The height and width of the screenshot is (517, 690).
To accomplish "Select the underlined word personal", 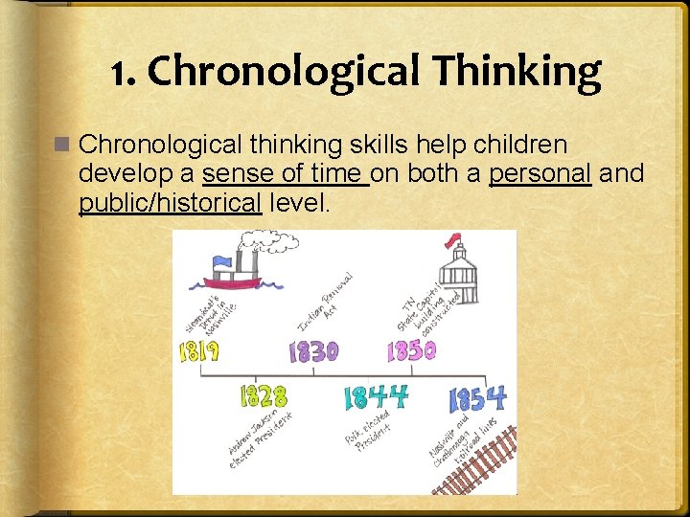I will (x=540, y=174).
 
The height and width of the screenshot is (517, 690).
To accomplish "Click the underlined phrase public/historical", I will (x=171, y=203).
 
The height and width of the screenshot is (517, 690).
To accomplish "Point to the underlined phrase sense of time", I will (x=286, y=174).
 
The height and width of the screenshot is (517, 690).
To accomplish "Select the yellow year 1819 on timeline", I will (x=200, y=351).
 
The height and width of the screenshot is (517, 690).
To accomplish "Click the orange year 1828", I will (x=263, y=395).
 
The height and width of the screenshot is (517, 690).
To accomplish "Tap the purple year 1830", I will (x=313, y=352).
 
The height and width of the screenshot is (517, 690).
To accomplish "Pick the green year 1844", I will (x=375, y=396).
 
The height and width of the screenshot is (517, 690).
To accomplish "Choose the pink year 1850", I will (x=411, y=351).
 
